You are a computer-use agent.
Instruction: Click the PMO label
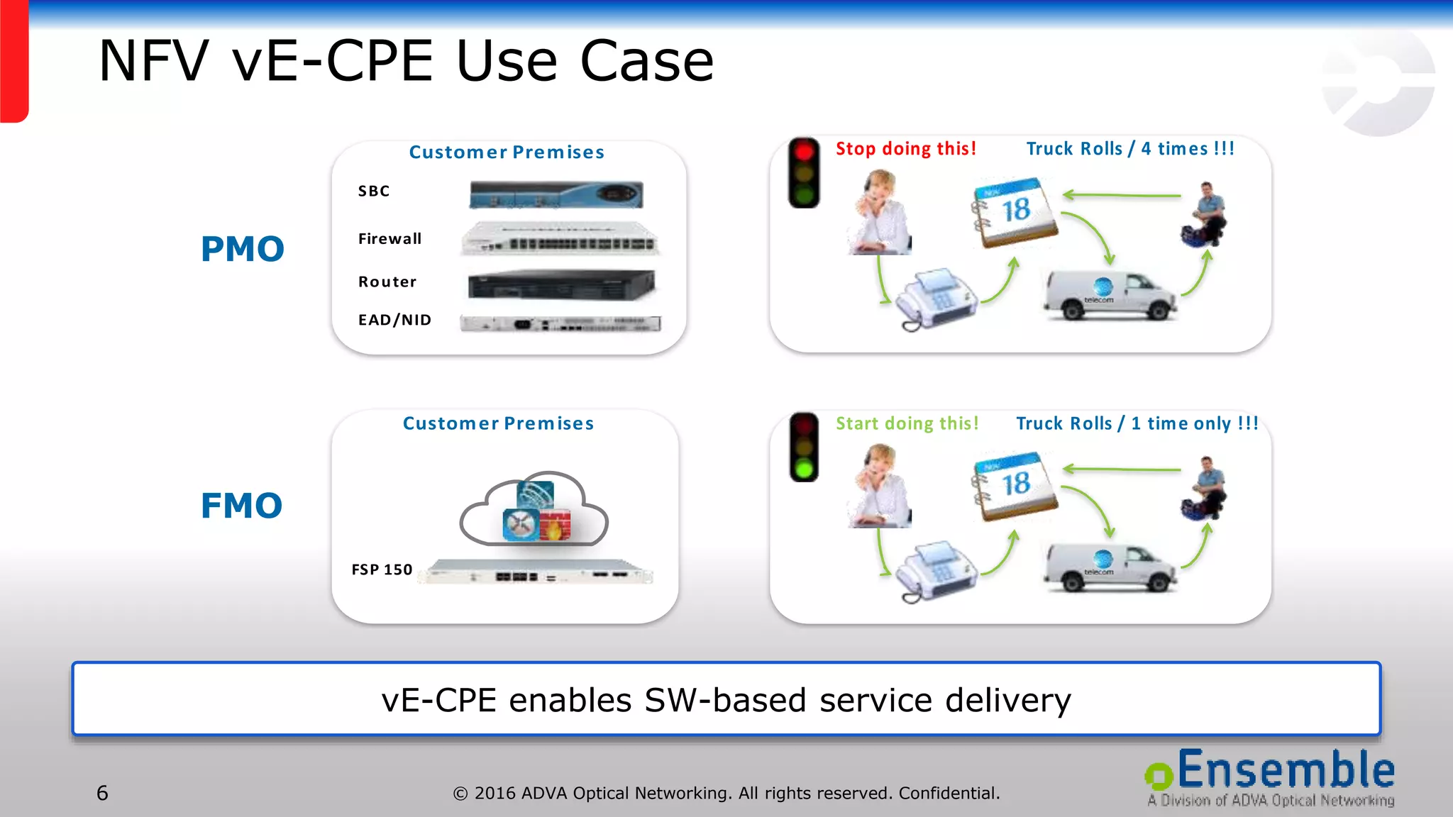(243, 249)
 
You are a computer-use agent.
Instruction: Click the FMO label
(242, 506)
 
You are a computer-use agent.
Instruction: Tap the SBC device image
(556, 194)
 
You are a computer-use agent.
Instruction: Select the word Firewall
(390, 239)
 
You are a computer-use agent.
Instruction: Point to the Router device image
(560, 285)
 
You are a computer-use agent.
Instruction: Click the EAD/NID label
(394, 320)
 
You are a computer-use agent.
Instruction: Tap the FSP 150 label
(382, 569)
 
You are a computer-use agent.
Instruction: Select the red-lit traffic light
(804, 172)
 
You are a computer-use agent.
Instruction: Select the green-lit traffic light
(804, 448)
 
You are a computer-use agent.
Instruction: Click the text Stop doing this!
(905, 149)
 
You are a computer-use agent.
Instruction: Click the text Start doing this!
(907, 423)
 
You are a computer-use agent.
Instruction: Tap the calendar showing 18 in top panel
(1015, 213)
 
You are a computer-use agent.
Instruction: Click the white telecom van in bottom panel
(1109, 568)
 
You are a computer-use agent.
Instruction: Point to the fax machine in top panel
(936, 299)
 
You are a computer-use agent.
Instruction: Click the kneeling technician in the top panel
(1205, 214)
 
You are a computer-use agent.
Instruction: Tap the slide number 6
(102, 793)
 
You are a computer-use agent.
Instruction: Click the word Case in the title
(646, 62)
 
